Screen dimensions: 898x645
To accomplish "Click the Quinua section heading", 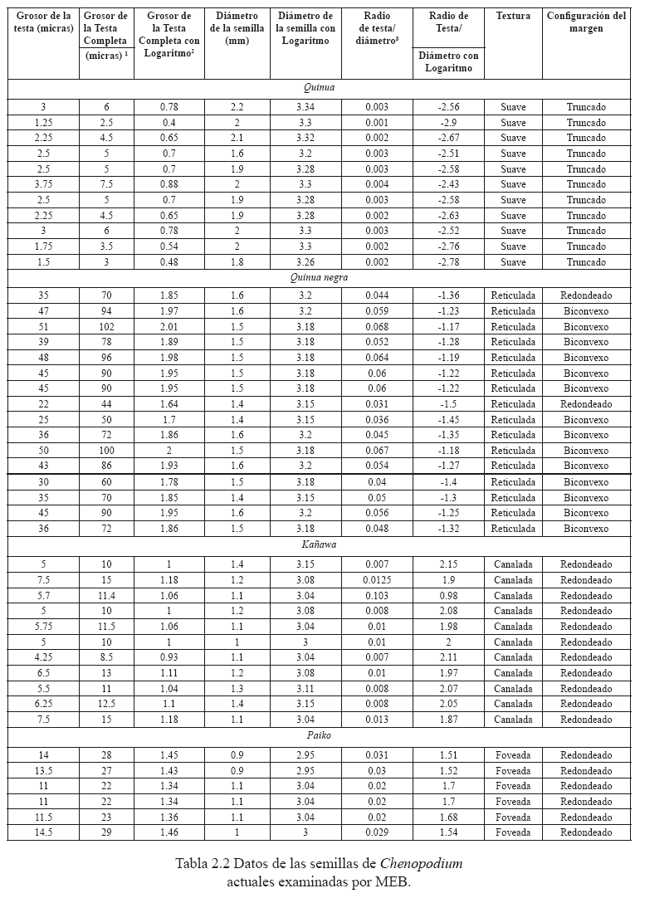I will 319,87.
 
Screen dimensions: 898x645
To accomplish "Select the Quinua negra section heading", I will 319,278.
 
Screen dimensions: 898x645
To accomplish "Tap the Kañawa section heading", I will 319,545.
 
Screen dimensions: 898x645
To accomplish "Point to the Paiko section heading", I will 319,735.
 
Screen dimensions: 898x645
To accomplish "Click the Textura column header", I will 513,16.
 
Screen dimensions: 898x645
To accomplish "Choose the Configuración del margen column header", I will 586,22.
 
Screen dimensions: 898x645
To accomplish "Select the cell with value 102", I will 106,327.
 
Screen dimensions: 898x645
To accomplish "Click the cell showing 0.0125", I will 376,580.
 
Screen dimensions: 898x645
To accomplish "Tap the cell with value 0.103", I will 376,596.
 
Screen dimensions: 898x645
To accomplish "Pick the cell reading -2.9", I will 448,123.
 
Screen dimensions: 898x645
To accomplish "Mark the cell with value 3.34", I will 305,107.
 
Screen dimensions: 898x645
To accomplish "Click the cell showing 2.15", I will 448,564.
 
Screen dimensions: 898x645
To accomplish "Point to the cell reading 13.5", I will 43,770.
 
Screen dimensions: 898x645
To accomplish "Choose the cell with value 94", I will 106,311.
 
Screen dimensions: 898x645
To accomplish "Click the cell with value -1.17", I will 448,327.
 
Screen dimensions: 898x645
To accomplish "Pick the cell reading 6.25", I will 43,704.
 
